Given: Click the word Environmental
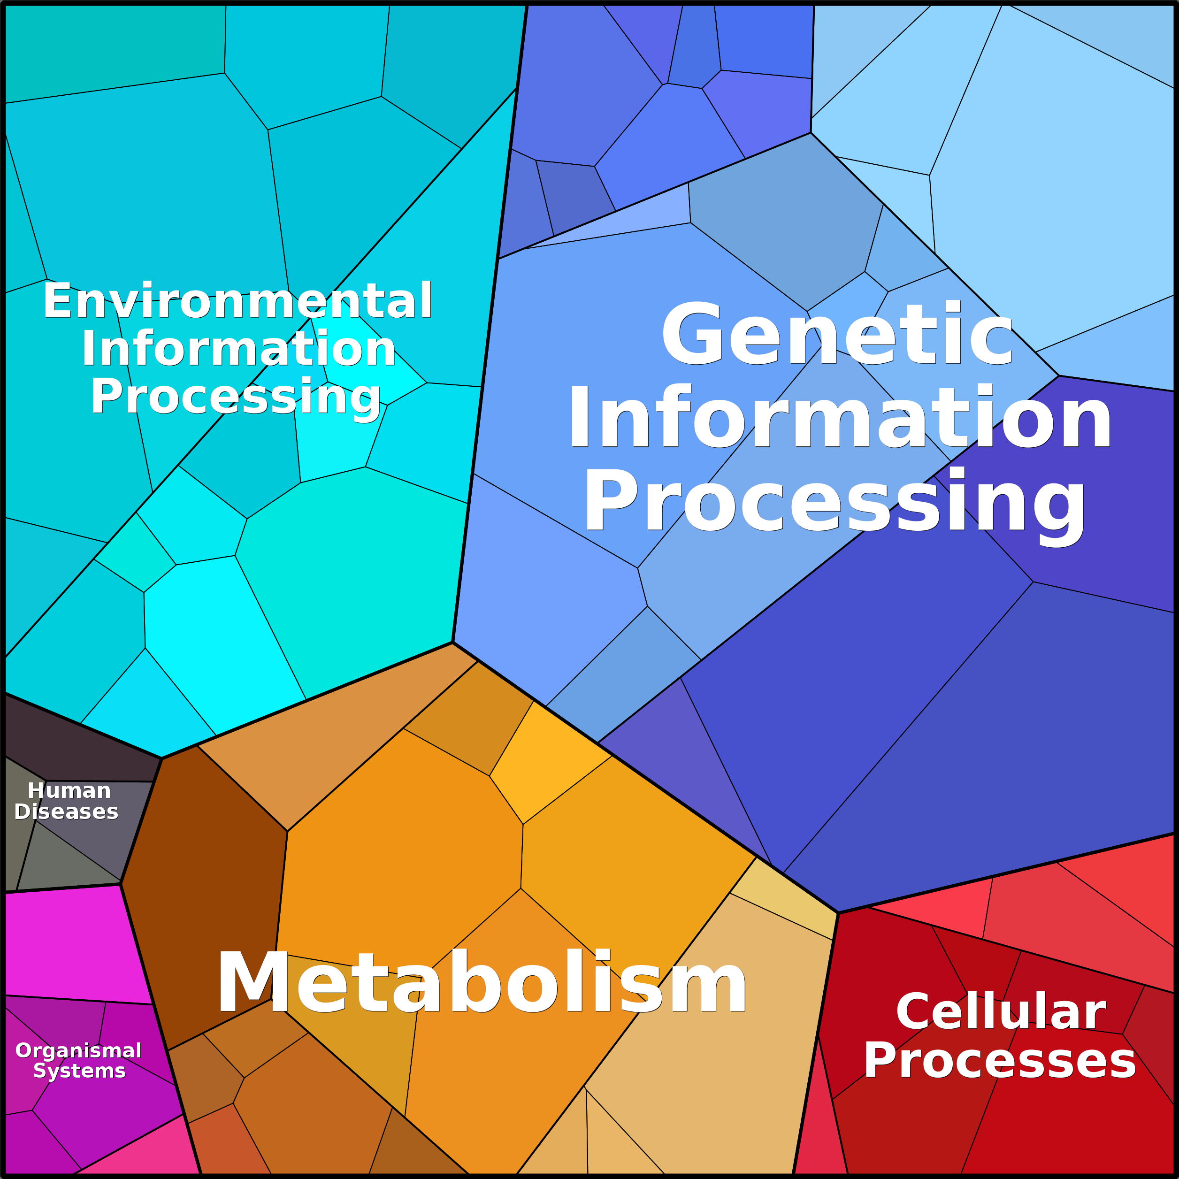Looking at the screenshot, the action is click(x=237, y=300).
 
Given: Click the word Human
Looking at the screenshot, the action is click(x=69, y=790).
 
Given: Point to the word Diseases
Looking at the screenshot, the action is click(x=66, y=812).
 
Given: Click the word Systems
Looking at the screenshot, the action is click(x=79, y=1071).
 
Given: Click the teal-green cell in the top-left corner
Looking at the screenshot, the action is click(x=115, y=54).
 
